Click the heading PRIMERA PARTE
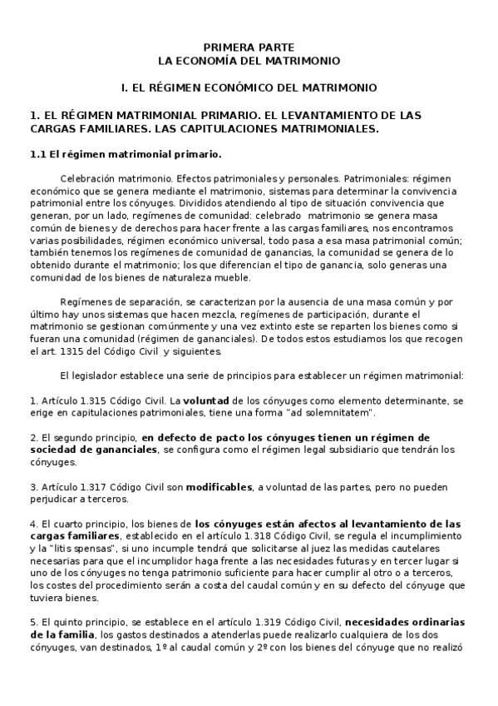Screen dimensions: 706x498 [249, 48]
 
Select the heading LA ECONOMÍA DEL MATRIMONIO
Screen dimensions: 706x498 [249, 61]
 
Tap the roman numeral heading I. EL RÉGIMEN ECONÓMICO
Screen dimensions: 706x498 [249, 87]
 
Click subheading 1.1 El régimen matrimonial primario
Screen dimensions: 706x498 [125, 154]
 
